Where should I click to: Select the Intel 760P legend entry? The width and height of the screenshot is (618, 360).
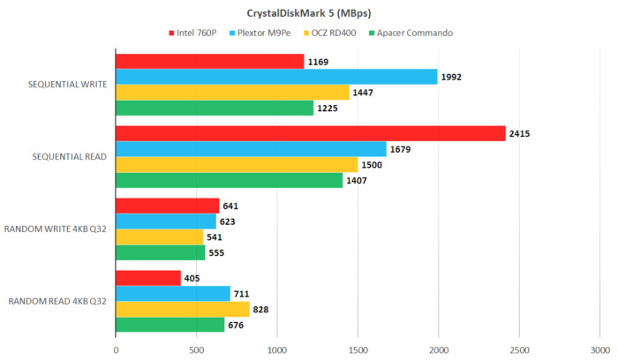tap(193, 34)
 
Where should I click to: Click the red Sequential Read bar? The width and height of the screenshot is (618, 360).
tap(310, 133)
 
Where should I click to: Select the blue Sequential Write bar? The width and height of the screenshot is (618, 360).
tap(276, 77)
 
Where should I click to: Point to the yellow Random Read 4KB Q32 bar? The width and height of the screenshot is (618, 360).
tap(182, 309)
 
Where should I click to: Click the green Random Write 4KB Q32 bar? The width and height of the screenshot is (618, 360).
tap(160, 252)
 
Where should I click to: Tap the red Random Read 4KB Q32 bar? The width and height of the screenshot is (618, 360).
tap(147, 277)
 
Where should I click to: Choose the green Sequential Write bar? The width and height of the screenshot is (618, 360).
tap(215, 109)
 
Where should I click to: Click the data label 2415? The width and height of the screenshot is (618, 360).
tap(520, 134)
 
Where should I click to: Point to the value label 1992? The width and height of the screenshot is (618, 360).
tap(452, 78)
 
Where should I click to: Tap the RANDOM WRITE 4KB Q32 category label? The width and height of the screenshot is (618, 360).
tap(57, 229)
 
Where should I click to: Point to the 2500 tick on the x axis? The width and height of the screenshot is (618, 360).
tap(519, 349)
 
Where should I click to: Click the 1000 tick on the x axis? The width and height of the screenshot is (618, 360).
tap(277, 349)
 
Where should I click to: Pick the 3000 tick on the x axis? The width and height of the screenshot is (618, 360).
tap(599, 349)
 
